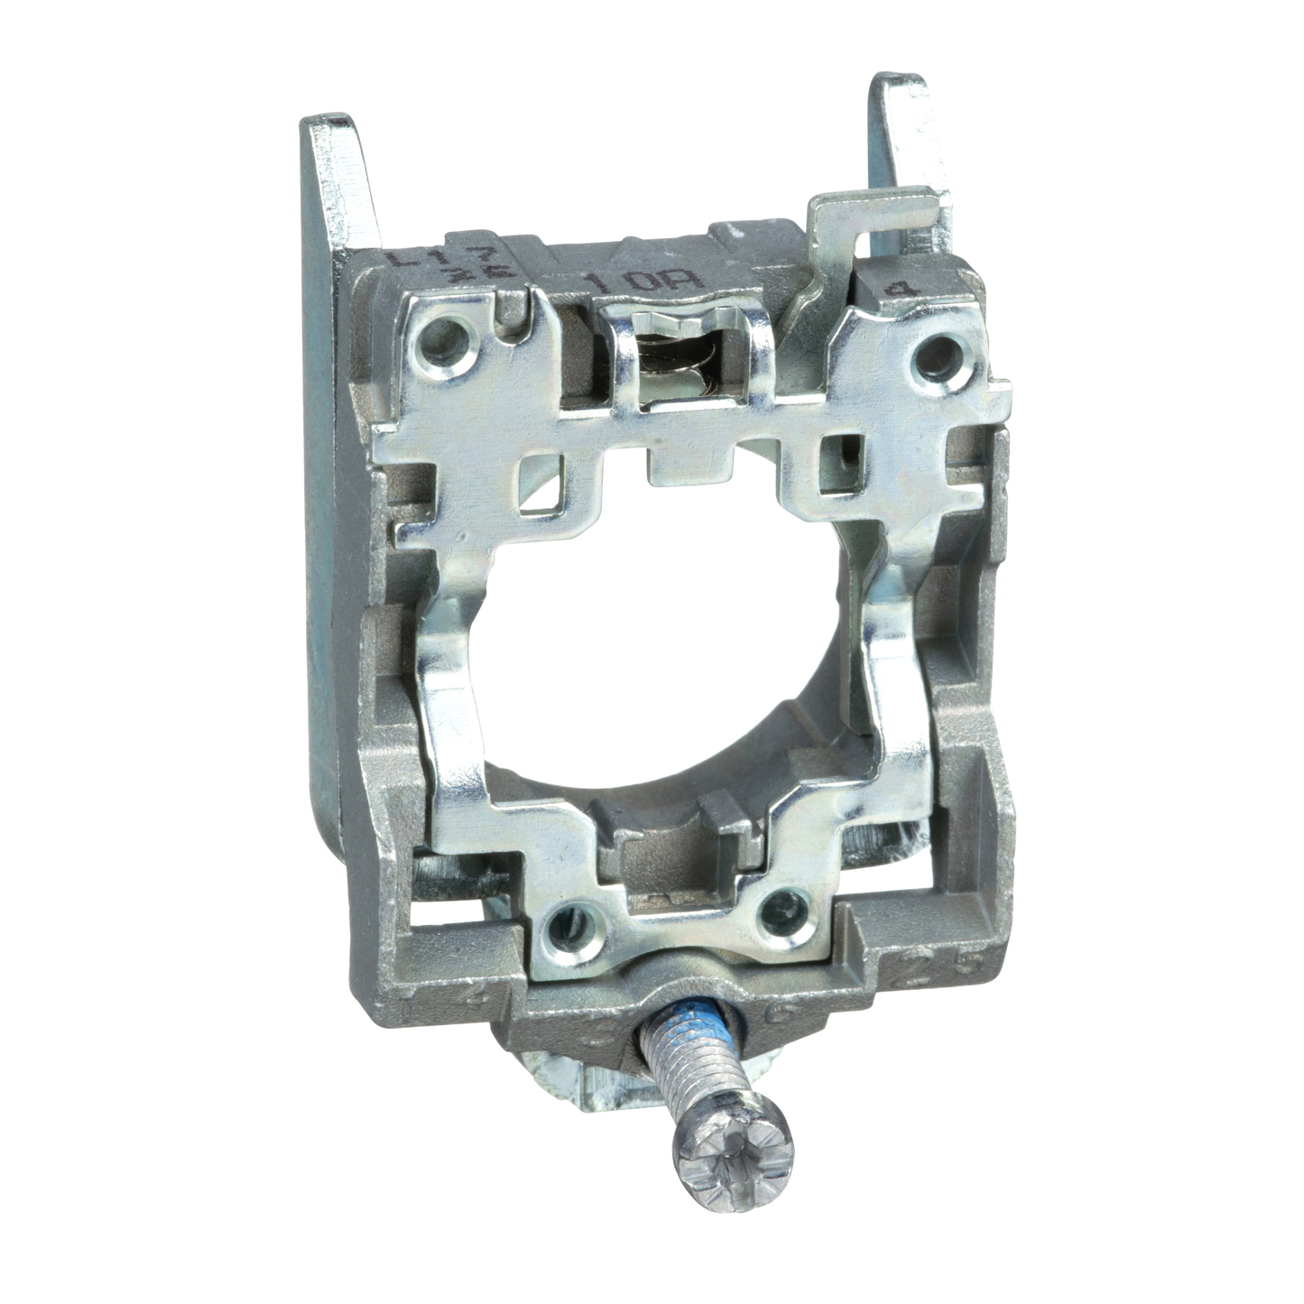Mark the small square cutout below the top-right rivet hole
pos(834,463)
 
